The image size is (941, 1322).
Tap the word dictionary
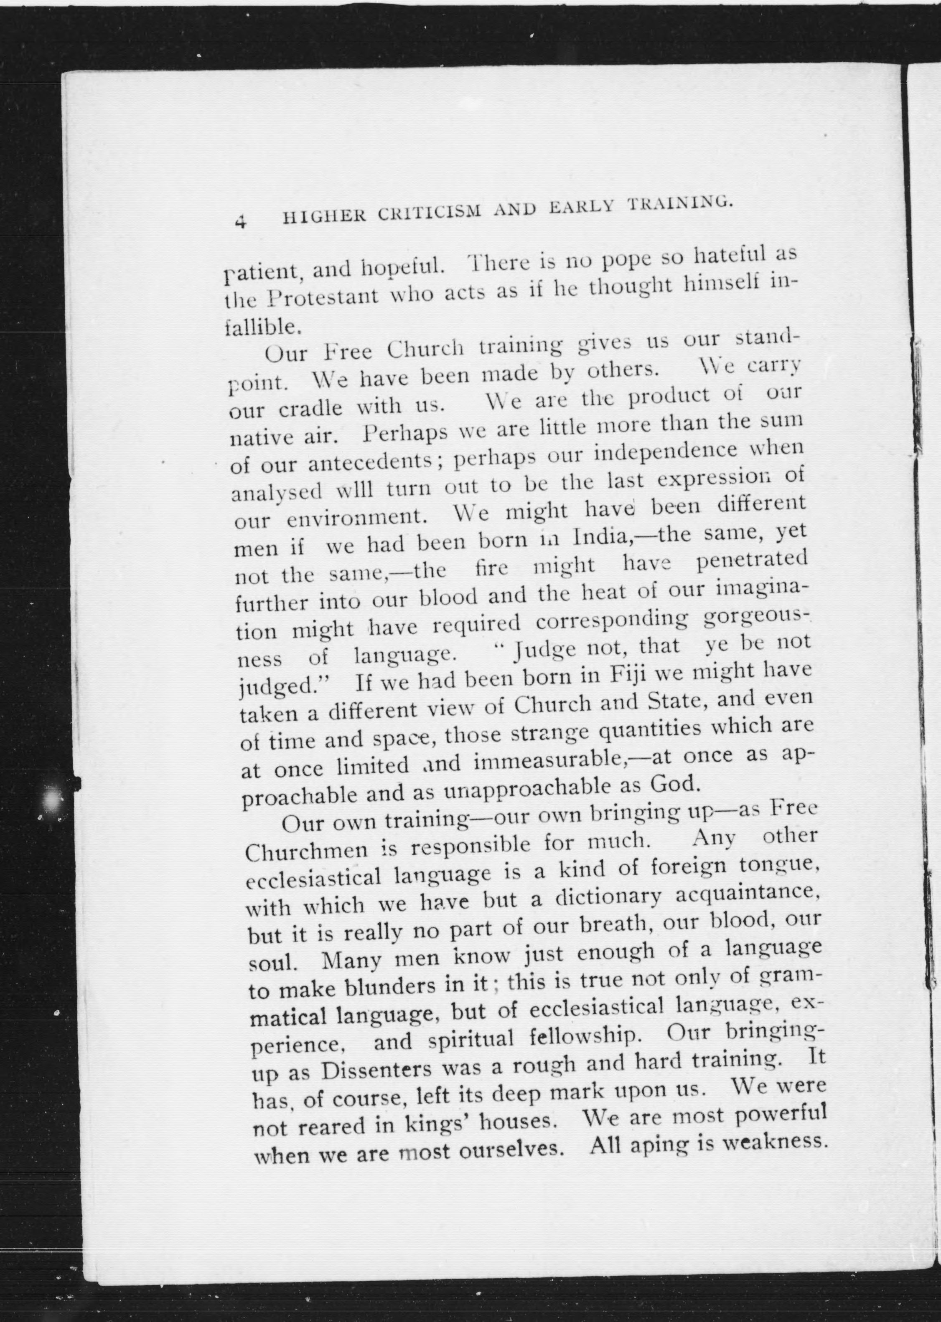coord(608,897)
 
